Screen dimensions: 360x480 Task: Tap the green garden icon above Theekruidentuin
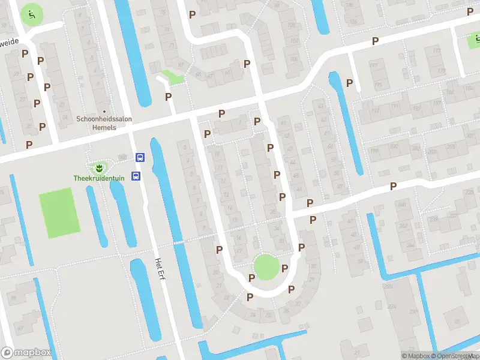[96, 166]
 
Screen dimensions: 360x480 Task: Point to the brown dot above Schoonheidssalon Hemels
[104, 111]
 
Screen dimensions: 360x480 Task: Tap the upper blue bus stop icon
[140, 158]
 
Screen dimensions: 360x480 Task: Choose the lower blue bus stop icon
[137, 176]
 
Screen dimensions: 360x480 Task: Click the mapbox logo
[26, 353]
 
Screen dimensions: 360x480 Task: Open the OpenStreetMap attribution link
[447, 356]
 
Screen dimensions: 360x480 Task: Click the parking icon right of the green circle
[285, 268]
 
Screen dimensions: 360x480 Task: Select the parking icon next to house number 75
[193, 14]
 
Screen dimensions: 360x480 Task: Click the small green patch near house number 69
[174, 77]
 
